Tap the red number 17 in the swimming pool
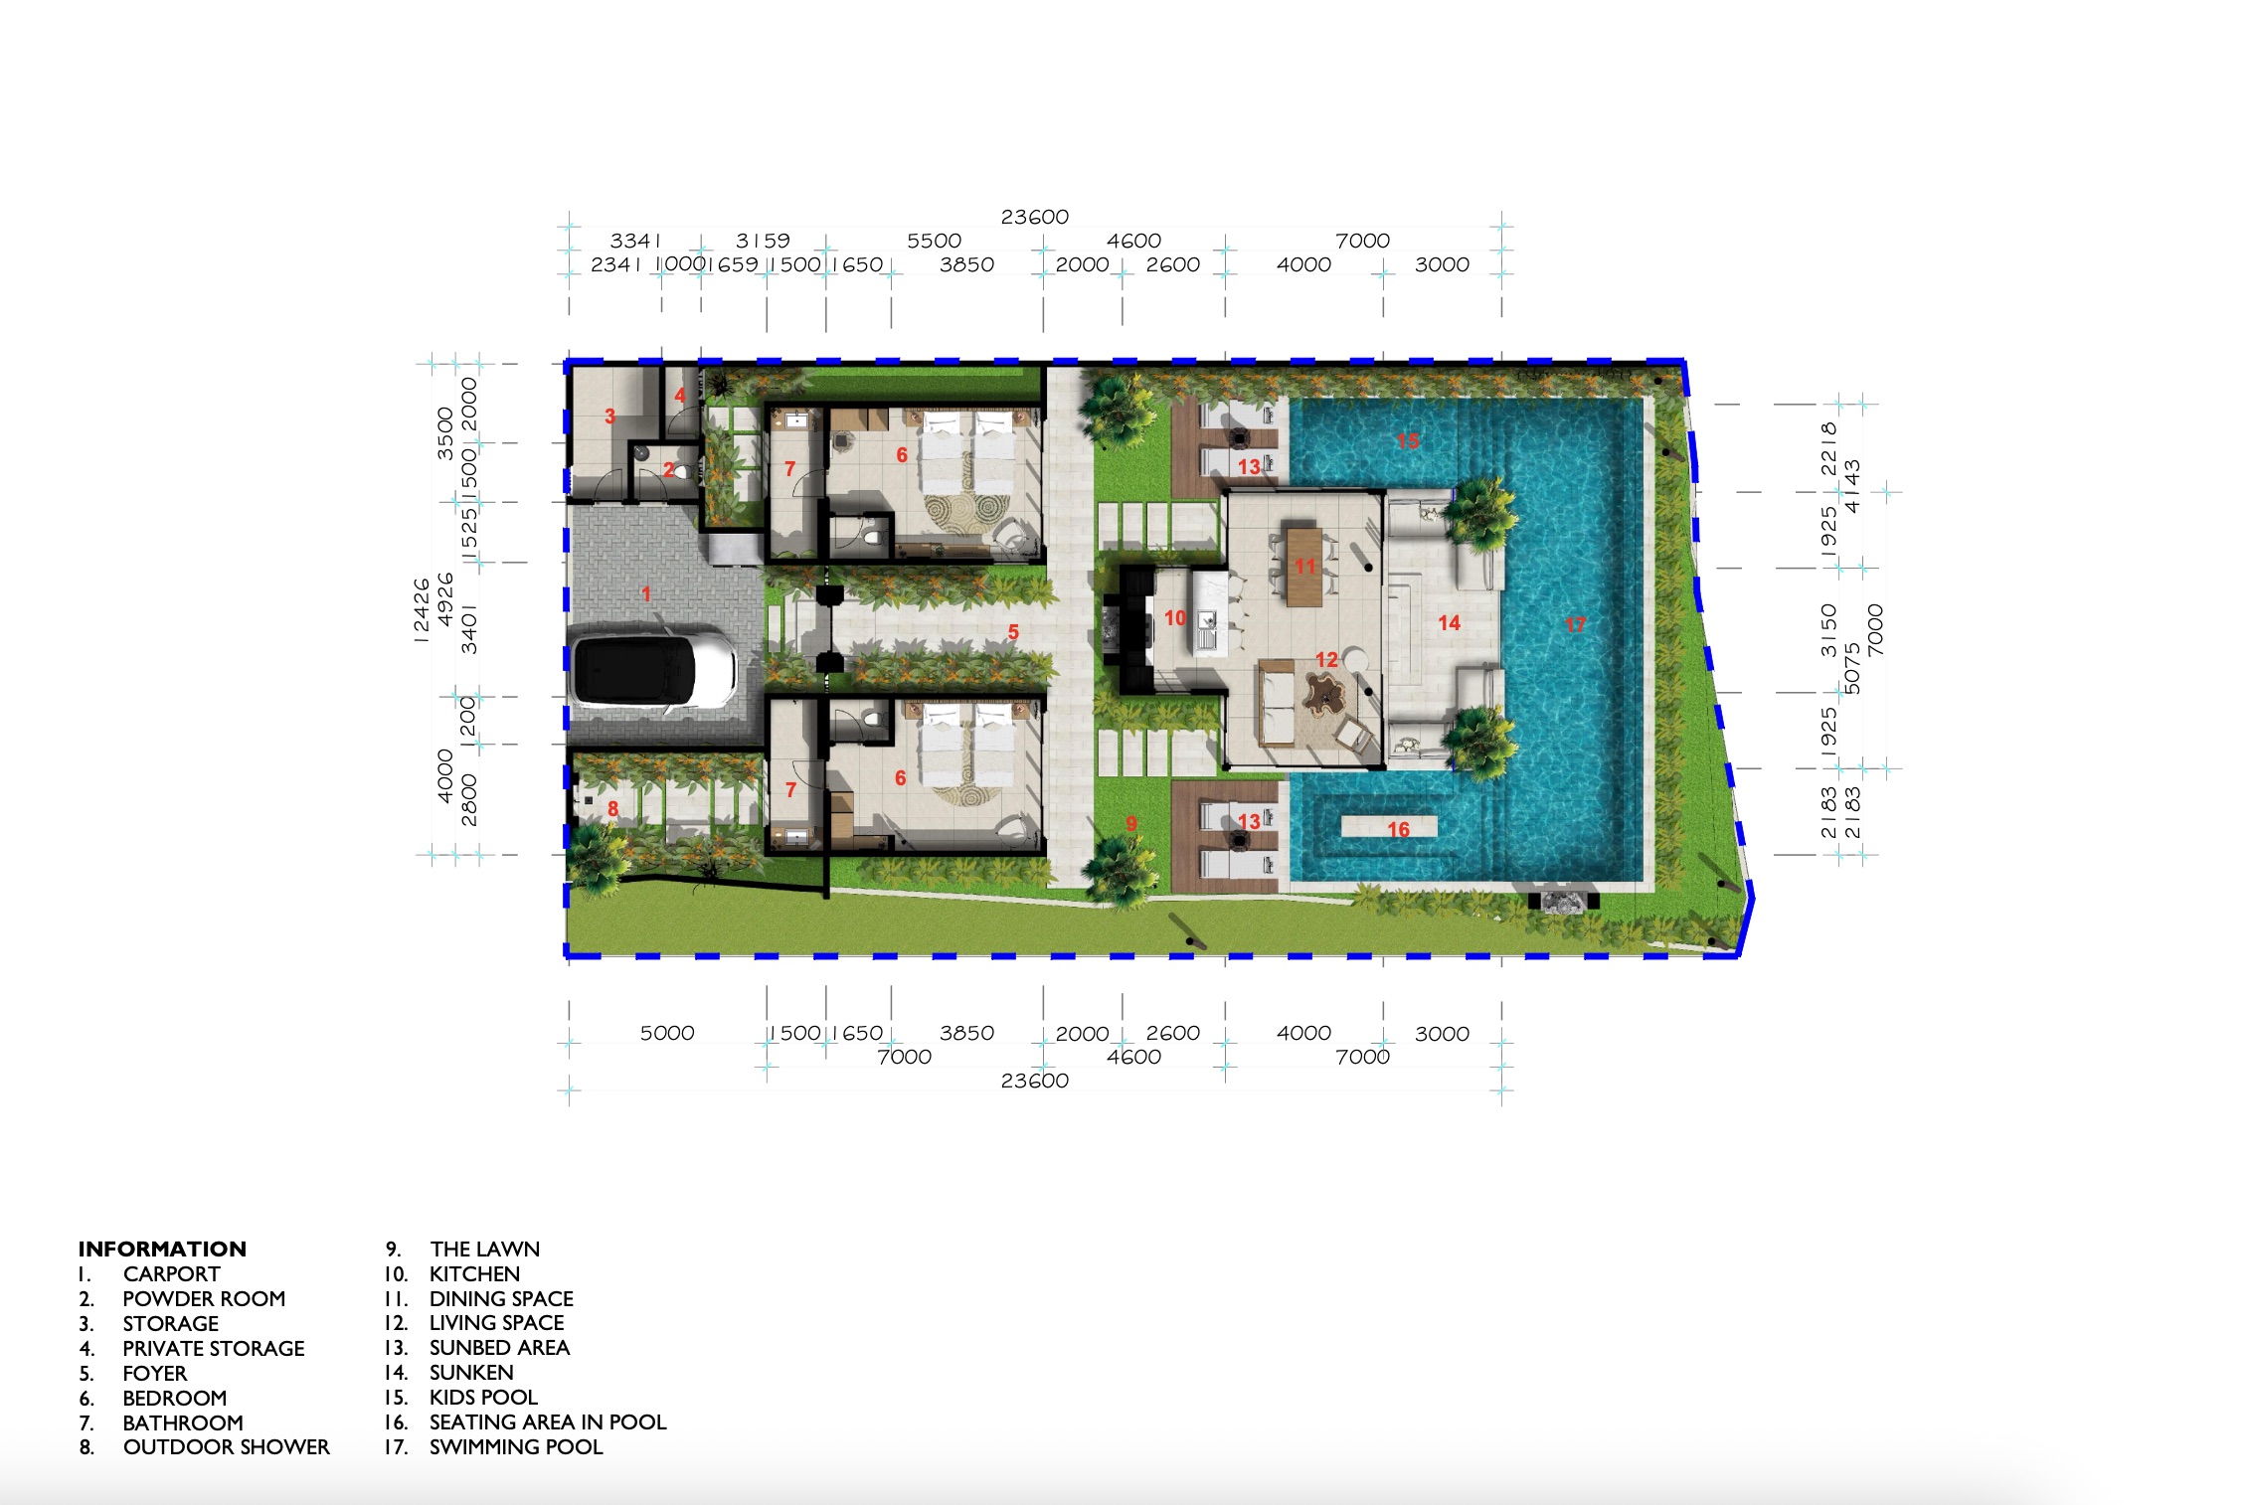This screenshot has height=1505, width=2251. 1575,625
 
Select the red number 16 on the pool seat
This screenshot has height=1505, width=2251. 1398,829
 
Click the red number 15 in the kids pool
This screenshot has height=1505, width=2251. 1408,440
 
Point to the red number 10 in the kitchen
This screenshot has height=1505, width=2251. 1175,618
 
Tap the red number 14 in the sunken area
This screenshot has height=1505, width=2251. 1449,623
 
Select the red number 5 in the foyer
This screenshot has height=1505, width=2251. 1013,631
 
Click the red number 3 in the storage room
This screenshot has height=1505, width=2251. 609,417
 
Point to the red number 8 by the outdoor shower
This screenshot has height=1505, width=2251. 612,809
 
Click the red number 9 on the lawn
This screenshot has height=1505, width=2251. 1130,823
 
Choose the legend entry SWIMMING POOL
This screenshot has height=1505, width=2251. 516,1447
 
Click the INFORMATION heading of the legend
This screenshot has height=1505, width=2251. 162,1249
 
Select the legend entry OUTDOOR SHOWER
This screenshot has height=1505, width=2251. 227,1447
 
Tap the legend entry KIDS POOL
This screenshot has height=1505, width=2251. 483,1398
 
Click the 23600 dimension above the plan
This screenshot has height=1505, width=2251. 1035,217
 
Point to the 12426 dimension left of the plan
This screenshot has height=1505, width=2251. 422,610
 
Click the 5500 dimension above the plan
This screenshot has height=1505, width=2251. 934,241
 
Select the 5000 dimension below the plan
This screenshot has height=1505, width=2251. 667,1033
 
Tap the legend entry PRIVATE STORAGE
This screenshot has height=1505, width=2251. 214,1348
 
